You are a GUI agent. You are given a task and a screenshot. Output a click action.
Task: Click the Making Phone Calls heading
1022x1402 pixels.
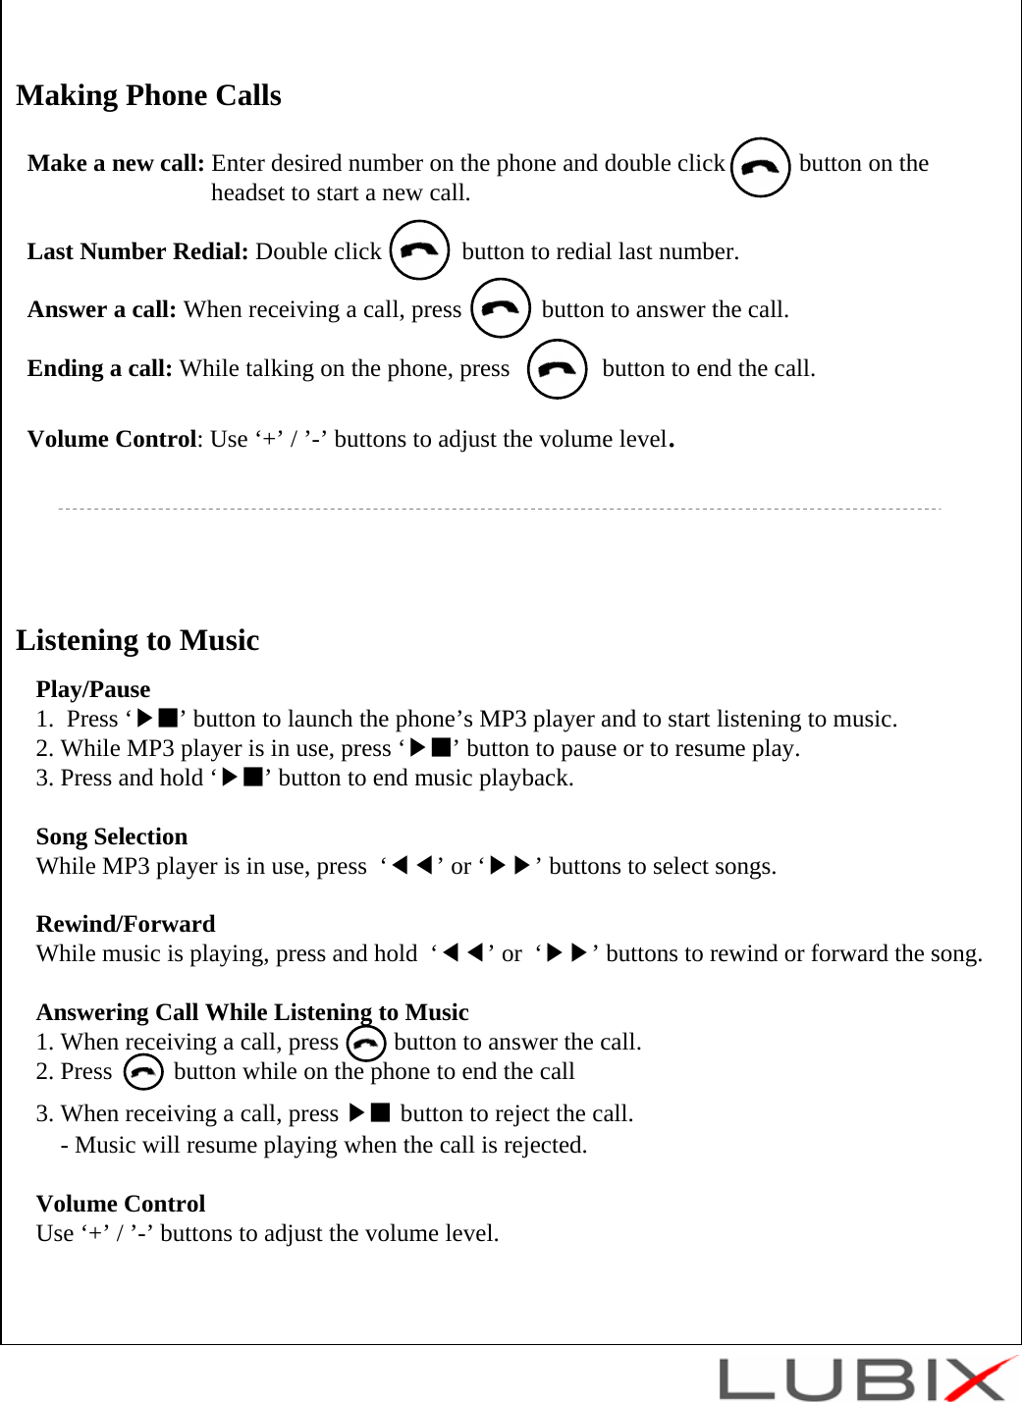[148, 95]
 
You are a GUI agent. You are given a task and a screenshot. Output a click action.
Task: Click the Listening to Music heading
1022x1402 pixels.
[137, 640]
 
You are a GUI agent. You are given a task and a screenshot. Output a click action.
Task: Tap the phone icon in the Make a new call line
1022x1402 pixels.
[760, 168]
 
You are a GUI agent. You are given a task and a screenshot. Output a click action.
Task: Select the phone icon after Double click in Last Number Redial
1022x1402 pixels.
[419, 250]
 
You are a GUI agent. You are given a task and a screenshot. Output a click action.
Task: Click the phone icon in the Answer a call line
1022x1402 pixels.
[501, 308]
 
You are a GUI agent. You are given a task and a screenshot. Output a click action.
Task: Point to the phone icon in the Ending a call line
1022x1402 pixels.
[557, 368]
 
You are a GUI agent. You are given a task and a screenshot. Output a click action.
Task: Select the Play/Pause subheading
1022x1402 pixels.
[93, 689]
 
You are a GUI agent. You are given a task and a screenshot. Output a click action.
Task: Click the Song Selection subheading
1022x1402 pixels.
[111, 836]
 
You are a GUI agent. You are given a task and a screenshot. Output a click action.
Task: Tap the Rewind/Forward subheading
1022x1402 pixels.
[125, 924]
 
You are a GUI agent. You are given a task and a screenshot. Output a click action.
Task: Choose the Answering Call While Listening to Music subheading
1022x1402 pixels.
[252, 1012]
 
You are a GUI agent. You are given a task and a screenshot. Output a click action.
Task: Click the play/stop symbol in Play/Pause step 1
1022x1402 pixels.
[156, 719]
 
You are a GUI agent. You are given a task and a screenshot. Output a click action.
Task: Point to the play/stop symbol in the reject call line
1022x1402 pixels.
[370, 1113]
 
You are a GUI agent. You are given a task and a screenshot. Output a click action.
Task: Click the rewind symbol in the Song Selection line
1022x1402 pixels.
[412, 866]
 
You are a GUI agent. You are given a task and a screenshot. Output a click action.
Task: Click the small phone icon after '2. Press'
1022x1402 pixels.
[143, 1072]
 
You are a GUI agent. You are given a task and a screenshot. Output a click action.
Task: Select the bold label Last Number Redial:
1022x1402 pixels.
[137, 251]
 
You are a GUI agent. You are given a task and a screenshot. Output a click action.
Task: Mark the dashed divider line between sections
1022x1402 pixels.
[500, 510]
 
